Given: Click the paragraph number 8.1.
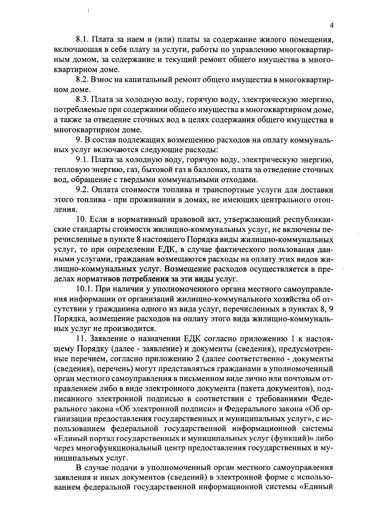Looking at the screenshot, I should tap(82, 40).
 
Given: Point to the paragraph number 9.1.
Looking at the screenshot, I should tap(82, 160).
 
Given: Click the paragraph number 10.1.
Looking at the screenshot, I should tap(85, 289).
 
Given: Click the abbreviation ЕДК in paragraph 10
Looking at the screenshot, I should tap(166, 249).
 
